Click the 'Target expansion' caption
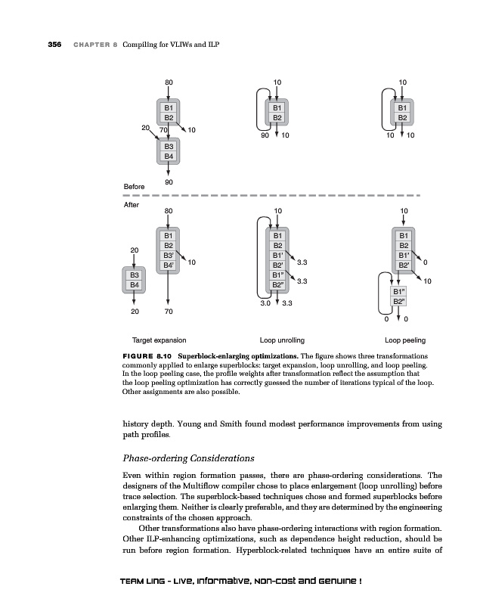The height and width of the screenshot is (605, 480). [159, 341]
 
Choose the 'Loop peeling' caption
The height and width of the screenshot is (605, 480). [404, 341]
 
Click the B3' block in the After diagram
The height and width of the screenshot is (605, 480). [169, 256]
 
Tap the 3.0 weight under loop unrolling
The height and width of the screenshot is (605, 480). [265, 303]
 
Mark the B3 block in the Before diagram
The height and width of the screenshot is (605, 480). [169, 145]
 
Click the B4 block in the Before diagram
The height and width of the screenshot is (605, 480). [169, 156]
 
